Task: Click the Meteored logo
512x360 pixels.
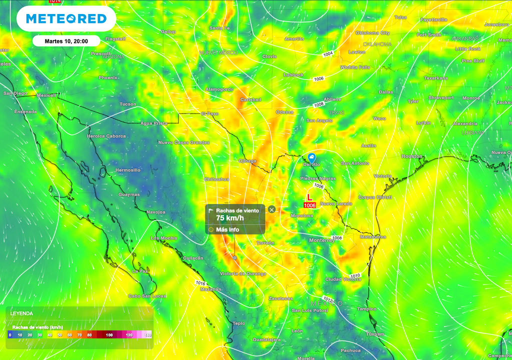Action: (x=66, y=19)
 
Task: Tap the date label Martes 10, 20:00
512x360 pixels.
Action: (x=66, y=41)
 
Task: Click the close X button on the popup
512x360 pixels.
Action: (x=271, y=209)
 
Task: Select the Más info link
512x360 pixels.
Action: (x=227, y=229)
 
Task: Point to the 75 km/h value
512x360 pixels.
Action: (x=230, y=218)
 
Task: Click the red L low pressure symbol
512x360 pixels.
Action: (x=309, y=197)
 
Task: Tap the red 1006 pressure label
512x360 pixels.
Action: (x=309, y=205)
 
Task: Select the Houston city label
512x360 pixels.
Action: (x=412, y=156)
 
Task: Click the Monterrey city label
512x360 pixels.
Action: (x=321, y=240)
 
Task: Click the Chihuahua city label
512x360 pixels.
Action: (x=216, y=178)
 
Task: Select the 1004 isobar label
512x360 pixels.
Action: (x=328, y=53)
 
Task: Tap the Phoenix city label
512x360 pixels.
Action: (x=108, y=77)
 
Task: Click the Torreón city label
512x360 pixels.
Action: (x=265, y=242)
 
